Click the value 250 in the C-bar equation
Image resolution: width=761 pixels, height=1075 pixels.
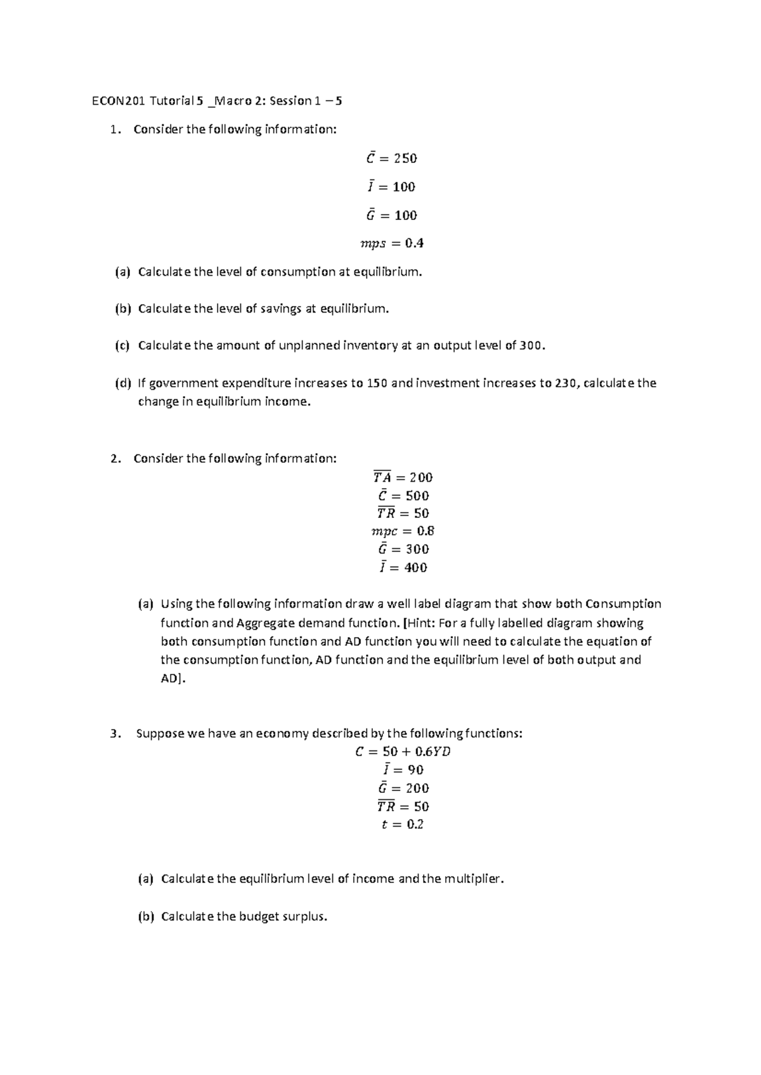[405, 158]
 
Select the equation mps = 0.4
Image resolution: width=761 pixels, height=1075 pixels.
[391, 243]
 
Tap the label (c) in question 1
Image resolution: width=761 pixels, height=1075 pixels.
[122, 346]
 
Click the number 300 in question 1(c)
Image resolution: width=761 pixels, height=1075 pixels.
[531, 346]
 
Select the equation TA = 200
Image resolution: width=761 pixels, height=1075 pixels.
[403, 477]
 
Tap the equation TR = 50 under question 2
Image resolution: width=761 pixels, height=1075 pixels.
[403, 513]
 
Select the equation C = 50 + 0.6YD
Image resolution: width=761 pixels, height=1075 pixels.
[403, 752]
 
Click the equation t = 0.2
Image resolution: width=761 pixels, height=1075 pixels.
[403, 825]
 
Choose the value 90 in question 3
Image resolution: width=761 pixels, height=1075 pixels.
[415, 770]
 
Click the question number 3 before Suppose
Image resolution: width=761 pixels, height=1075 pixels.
[114, 734]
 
